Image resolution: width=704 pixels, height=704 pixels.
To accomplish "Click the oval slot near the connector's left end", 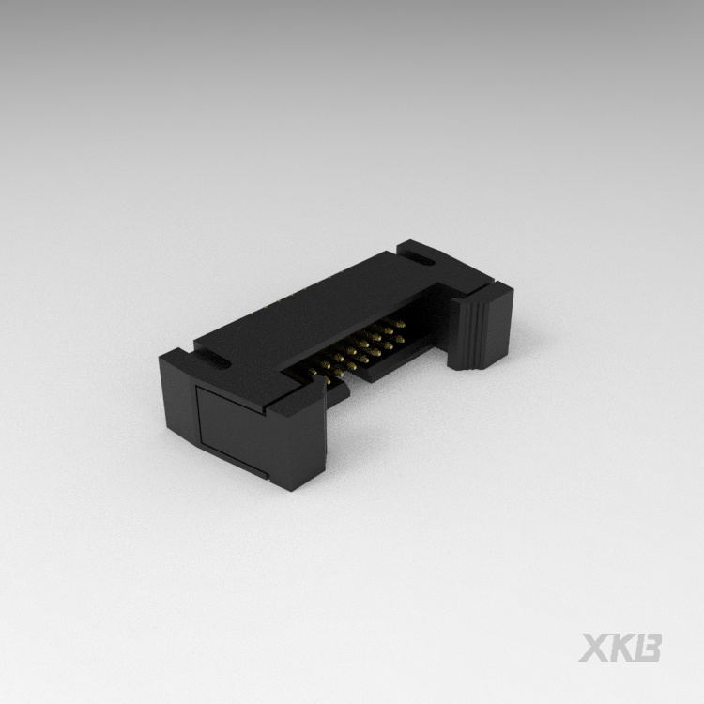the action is coord(212,360).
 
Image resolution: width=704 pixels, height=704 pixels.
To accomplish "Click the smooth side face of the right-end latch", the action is coord(498,328).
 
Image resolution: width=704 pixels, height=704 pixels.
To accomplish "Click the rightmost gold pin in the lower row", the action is coord(398,340).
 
